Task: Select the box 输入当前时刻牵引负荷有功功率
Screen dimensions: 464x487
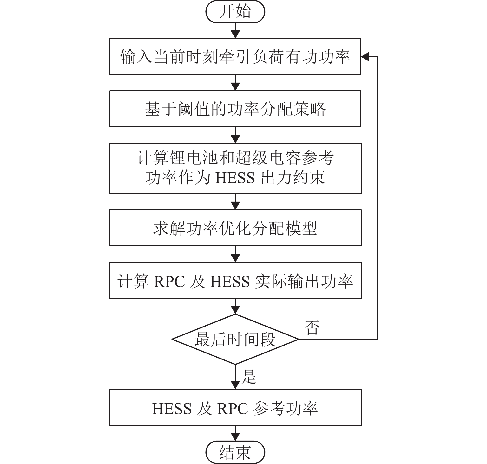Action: click(235, 57)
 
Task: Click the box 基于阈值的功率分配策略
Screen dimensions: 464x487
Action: click(235, 109)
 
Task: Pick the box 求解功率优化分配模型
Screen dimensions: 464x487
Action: click(235, 228)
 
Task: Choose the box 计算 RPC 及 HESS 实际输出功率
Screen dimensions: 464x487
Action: click(235, 280)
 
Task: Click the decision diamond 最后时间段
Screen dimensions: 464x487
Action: click(235, 339)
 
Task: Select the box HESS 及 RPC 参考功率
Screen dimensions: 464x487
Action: click(235, 407)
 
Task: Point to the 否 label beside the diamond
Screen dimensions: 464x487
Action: click(312, 328)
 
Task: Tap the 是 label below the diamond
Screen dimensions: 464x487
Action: click(248, 377)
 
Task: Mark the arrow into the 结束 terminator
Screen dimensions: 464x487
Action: click(235, 433)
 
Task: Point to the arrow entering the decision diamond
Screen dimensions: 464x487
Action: click(235, 307)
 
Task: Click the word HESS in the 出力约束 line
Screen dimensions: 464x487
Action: click(235, 178)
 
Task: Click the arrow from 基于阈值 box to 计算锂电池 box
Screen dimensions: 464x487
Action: click(235, 136)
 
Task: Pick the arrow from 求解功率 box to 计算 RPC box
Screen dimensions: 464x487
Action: click(235, 254)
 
